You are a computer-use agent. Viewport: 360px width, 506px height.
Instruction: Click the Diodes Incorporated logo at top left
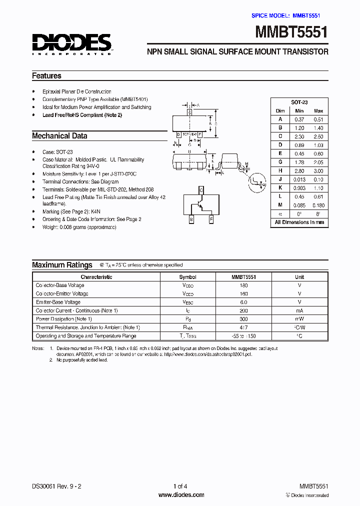click(x=71, y=44)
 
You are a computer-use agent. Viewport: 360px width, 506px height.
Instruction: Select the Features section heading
click(x=46, y=76)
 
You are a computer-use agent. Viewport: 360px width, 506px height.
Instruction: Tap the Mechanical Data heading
click(x=59, y=136)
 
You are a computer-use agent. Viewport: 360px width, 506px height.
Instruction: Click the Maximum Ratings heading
click(x=62, y=265)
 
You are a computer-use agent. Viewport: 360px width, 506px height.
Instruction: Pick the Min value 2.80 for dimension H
click(x=299, y=171)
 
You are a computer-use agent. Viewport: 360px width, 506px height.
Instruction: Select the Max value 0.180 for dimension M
click(x=318, y=205)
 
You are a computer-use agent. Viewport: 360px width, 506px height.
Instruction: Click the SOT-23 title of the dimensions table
click(x=299, y=101)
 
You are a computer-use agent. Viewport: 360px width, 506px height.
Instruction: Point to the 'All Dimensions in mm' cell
click(x=299, y=222)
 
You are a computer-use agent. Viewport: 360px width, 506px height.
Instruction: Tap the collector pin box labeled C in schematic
click(x=201, y=190)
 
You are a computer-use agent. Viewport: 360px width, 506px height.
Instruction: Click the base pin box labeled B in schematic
click(x=191, y=219)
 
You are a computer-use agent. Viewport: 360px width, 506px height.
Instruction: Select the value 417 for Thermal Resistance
click(x=243, y=327)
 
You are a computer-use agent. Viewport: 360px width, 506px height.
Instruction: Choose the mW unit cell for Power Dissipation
click(x=299, y=319)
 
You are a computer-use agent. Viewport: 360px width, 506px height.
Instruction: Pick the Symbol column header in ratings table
click(x=187, y=276)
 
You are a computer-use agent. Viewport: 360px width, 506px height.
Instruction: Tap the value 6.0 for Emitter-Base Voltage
click(x=243, y=302)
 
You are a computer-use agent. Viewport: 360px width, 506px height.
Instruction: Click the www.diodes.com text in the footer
click(x=180, y=495)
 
